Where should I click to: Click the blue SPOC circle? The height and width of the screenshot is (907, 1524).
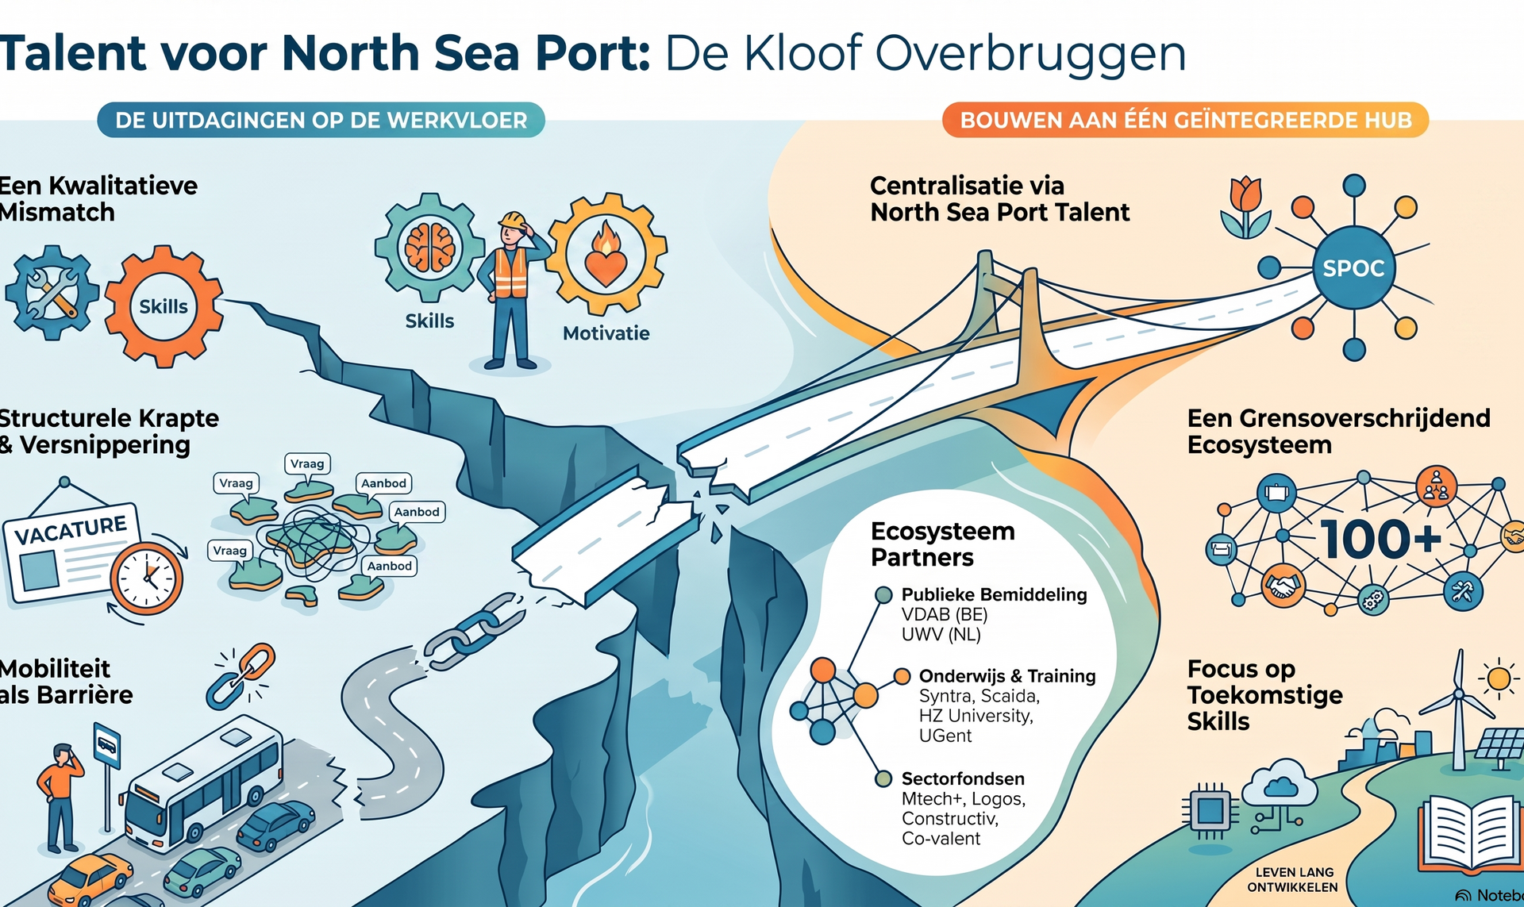point(1353,268)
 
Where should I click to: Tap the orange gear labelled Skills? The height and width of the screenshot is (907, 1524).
point(164,306)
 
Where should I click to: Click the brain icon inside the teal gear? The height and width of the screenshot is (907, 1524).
point(429,247)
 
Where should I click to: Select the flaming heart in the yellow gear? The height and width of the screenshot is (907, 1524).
point(606,253)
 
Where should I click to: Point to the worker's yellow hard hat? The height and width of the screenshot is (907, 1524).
point(513,219)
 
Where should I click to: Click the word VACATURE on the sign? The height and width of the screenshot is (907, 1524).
point(71,530)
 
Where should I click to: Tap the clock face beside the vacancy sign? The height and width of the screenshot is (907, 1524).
point(146,578)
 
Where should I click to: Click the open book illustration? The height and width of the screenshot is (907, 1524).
point(1470,833)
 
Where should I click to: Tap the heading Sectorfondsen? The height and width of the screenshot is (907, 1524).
point(963,778)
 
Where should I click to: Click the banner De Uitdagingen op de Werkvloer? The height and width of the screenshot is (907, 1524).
point(321,120)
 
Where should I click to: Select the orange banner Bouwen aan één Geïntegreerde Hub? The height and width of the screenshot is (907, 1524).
point(1186,120)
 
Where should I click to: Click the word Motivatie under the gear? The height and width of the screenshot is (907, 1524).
point(606,333)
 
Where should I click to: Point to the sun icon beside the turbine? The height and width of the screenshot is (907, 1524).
point(1499,678)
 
